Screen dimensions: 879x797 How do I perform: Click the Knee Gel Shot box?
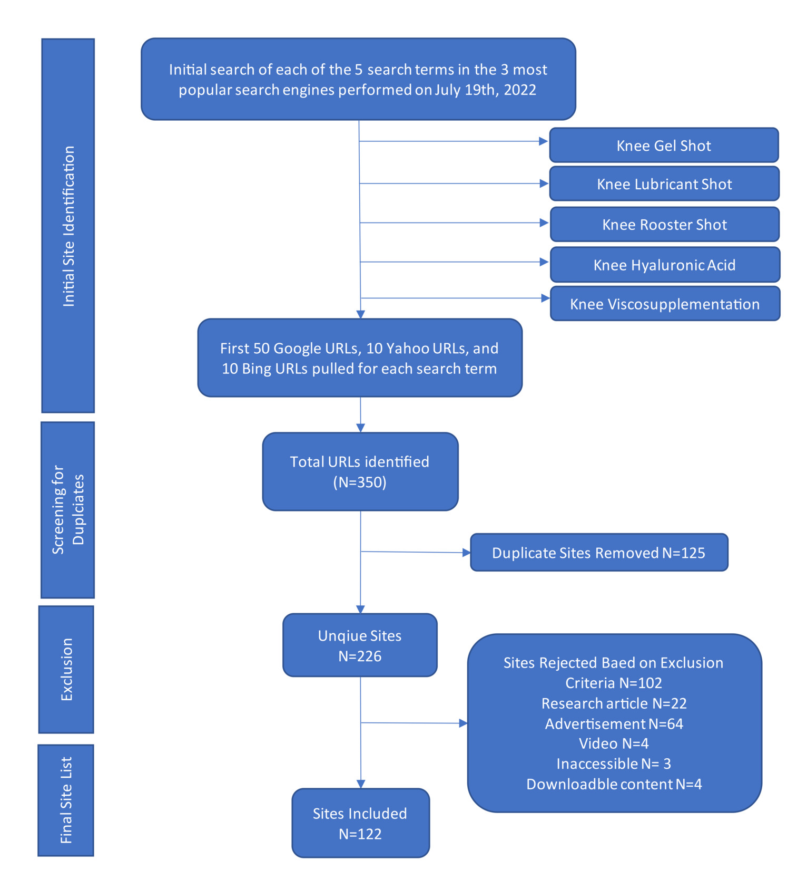[x=663, y=145]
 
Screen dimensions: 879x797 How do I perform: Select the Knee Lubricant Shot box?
[x=664, y=183]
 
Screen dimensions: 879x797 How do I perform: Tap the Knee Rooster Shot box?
[x=664, y=224]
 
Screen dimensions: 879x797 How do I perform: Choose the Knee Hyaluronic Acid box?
[x=664, y=264]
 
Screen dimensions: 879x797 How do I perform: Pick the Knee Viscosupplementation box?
[x=664, y=304]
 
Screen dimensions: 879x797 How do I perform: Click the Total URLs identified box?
[x=360, y=471]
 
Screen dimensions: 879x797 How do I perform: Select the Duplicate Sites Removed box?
[x=598, y=552]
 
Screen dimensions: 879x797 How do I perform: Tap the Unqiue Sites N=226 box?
[x=359, y=645]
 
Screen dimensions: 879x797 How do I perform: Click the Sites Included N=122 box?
[x=360, y=823]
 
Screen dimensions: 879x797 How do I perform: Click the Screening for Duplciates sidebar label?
[x=67, y=509]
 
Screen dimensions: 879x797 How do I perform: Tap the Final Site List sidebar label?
[x=66, y=800]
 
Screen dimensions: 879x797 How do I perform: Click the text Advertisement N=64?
[x=614, y=723]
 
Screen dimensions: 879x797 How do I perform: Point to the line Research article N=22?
[x=614, y=703]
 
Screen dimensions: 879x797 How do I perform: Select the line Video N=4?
[x=614, y=743]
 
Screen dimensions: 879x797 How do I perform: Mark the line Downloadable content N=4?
[x=614, y=784]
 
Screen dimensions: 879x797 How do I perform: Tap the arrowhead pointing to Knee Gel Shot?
[x=544, y=141]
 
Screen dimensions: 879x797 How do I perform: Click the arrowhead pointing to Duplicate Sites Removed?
[x=466, y=553]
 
